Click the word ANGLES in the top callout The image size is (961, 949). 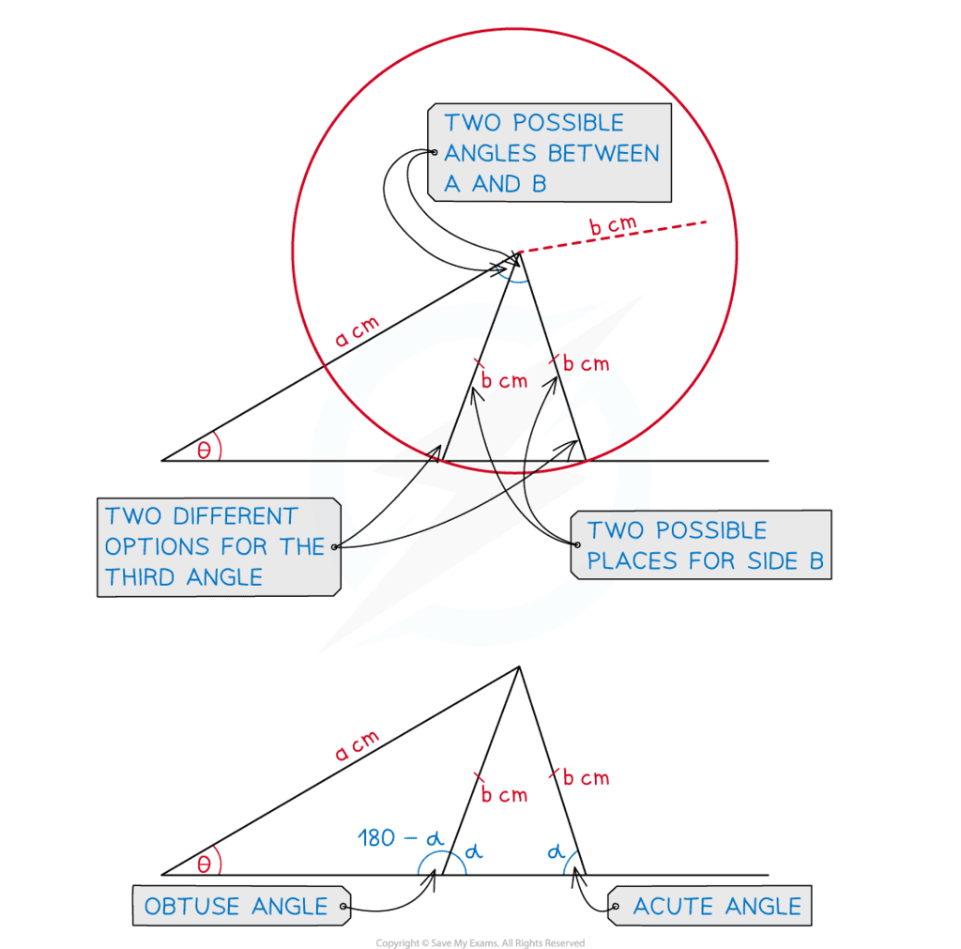[x=493, y=153]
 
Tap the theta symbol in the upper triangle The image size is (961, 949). [x=204, y=450]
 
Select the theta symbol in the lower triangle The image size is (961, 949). [x=204, y=863]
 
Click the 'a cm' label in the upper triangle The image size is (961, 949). [x=356, y=334]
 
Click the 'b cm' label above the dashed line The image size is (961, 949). [x=613, y=226]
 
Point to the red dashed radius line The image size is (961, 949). [x=610, y=238]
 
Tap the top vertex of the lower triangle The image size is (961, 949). [x=518, y=667]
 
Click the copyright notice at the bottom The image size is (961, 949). [x=480, y=941]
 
